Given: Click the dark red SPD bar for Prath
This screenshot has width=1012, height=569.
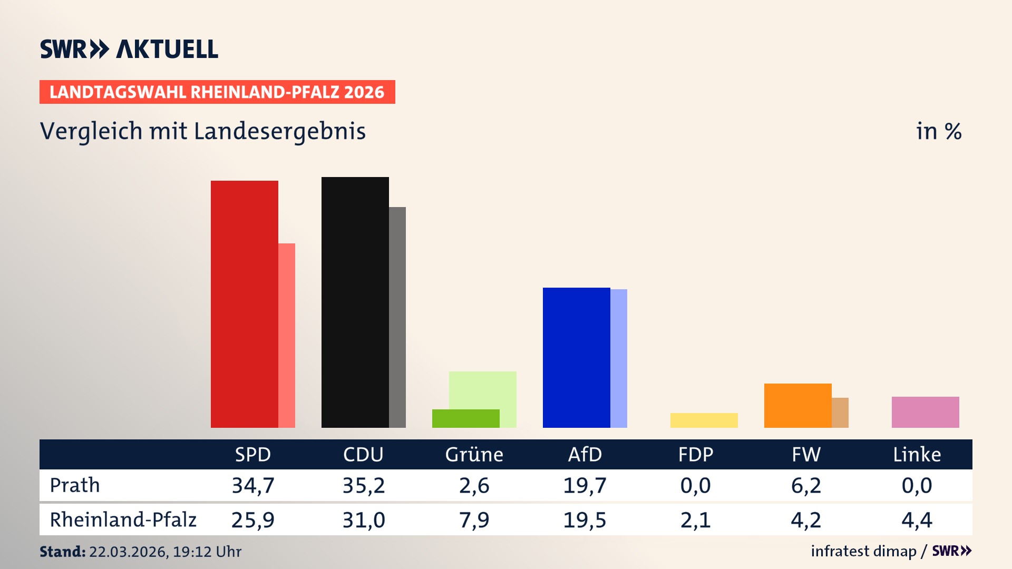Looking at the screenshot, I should (x=244, y=304).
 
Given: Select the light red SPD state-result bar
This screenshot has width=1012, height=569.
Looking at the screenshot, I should (x=287, y=335).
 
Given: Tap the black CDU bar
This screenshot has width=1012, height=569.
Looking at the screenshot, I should (x=355, y=302).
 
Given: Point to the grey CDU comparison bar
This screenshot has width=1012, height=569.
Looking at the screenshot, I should (x=397, y=317).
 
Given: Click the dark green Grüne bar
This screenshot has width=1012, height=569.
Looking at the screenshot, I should (x=465, y=418).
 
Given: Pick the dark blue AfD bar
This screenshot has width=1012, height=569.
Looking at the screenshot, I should (x=576, y=357).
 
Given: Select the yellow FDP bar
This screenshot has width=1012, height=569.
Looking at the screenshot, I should (x=704, y=420).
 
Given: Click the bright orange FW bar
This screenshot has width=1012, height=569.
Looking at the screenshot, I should (x=797, y=405).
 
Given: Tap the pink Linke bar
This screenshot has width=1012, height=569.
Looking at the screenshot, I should (x=925, y=412).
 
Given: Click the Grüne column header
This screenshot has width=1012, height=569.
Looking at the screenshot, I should (x=474, y=454).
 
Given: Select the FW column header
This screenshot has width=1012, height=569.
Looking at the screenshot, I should (x=806, y=454).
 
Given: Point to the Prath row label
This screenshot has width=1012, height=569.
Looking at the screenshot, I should (x=75, y=485).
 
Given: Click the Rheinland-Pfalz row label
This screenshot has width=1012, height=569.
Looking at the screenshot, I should (x=123, y=519).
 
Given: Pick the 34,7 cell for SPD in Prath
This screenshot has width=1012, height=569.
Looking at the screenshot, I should (x=253, y=485).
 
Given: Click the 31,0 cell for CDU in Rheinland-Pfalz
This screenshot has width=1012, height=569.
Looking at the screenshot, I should (x=364, y=520).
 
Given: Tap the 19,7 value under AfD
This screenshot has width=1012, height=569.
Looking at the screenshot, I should (x=585, y=485).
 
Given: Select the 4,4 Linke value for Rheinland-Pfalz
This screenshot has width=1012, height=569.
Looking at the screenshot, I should (x=917, y=520).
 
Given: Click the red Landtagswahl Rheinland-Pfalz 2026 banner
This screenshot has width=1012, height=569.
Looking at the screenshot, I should (x=217, y=92).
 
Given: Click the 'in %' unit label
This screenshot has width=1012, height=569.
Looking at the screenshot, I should (x=939, y=131).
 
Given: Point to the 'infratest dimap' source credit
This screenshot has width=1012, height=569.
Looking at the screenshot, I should (x=863, y=551).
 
